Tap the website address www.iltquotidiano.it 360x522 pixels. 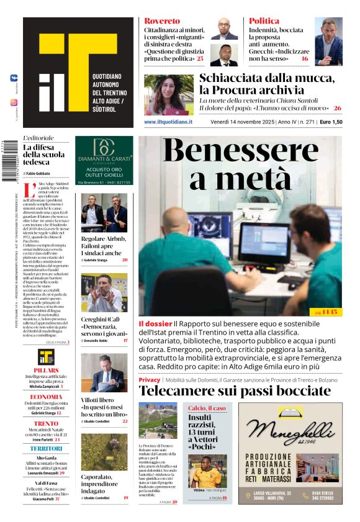click(x=168, y=122)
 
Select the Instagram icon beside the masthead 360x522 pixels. click(x=14, y=102)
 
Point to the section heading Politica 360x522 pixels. click(x=264, y=21)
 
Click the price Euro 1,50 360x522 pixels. click(x=331, y=122)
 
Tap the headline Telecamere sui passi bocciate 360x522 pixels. click(x=235, y=391)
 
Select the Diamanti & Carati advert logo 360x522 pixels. click(x=104, y=151)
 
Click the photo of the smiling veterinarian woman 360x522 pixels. click(x=168, y=94)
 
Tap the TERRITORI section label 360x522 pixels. click(x=47, y=448)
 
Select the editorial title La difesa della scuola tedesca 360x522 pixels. click(x=44, y=155)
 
